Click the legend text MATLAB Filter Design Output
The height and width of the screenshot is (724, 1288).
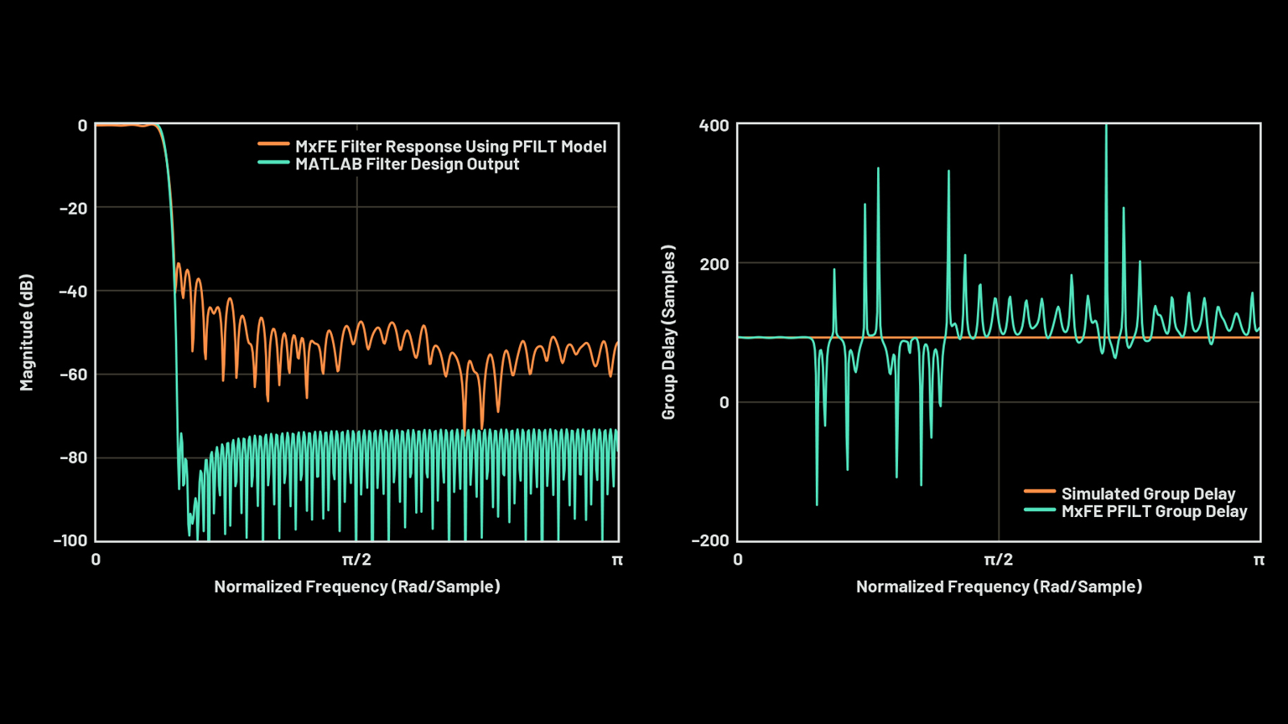(407, 164)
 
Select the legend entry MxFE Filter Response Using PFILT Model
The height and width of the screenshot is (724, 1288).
(450, 147)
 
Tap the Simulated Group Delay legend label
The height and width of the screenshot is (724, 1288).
(1148, 494)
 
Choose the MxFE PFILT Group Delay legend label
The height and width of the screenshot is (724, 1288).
(1154, 511)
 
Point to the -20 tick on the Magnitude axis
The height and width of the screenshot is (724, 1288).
(73, 208)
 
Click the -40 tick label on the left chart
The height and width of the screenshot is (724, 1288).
(73, 292)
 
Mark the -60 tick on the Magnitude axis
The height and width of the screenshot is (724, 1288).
(73, 375)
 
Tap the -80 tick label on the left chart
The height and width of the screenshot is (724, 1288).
(73, 458)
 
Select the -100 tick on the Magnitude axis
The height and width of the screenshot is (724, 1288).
(70, 540)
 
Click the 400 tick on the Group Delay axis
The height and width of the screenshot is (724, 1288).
(714, 126)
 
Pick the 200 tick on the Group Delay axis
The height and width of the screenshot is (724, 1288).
(714, 264)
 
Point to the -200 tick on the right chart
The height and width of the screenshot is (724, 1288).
(709, 540)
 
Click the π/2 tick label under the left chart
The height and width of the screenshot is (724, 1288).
(356, 560)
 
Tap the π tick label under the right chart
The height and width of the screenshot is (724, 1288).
(1259, 560)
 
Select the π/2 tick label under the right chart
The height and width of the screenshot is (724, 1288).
(998, 560)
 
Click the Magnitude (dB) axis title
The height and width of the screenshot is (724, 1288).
(27, 332)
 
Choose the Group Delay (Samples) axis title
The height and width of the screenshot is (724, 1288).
(668, 332)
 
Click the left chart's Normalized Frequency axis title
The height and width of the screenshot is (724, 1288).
(357, 587)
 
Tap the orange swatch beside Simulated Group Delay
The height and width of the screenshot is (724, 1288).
(1039, 492)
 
